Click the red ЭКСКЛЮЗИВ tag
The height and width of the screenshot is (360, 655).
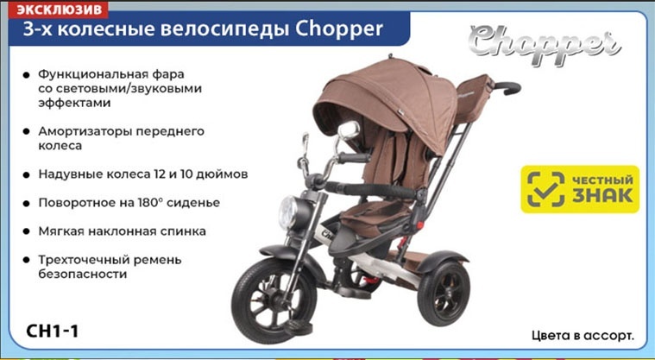[x=58, y=10]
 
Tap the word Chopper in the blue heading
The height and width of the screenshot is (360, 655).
[x=339, y=29]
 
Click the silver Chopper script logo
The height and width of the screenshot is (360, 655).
[x=545, y=45]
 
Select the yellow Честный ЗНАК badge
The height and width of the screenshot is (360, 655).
[x=580, y=189]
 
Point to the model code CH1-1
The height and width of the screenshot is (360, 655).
[x=53, y=332]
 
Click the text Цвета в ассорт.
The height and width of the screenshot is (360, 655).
[x=583, y=335]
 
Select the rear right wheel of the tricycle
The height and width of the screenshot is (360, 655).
[x=444, y=293]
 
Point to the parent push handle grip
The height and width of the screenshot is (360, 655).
[x=507, y=88]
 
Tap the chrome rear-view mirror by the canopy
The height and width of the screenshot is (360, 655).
[x=349, y=129]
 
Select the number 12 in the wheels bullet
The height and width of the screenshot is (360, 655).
[x=161, y=174]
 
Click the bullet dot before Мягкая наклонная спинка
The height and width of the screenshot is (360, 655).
[x=27, y=231]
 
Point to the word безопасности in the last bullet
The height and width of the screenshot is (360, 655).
[x=82, y=275]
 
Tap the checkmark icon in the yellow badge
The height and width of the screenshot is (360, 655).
[x=545, y=189]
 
